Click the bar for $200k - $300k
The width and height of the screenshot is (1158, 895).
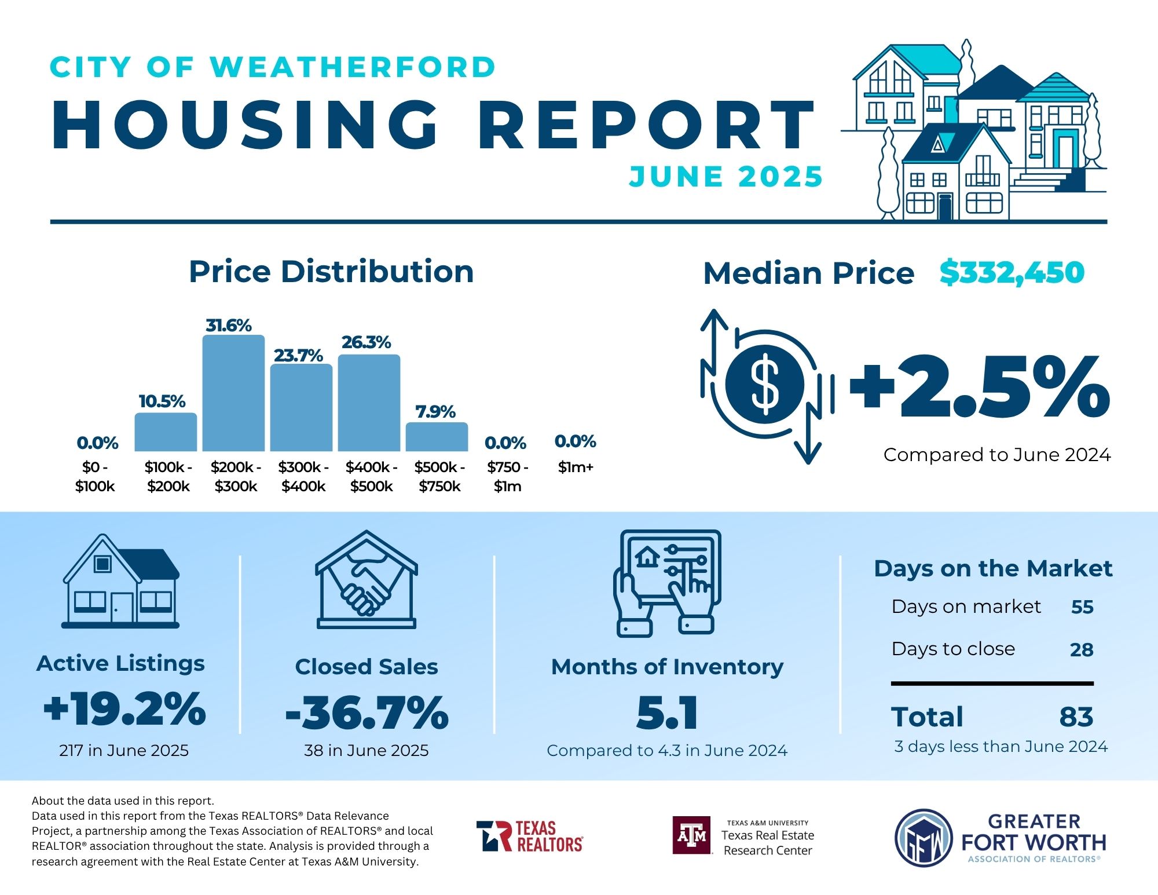(x=233, y=393)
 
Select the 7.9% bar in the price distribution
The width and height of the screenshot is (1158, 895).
(x=437, y=437)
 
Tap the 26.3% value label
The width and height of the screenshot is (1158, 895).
(x=366, y=342)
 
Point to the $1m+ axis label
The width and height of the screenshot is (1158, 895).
(x=576, y=467)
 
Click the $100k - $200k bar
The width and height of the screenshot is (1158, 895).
(x=166, y=432)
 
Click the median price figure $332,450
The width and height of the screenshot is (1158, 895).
(x=1012, y=272)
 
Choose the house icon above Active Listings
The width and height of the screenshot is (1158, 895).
(x=120, y=582)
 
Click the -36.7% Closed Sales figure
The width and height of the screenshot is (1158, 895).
(x=367, y=713)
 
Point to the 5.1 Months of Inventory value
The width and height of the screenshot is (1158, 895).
(x=667, y=713)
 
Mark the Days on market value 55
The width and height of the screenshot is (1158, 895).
(x=1082, y=607)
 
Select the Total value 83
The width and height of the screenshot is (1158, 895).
(x=1076, y=717)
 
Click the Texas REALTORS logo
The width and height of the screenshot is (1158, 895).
(x=529, y=836)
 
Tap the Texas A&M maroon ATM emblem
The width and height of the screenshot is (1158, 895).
(x=692, y=835)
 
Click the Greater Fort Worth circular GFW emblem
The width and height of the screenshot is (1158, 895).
(x=924, y=838)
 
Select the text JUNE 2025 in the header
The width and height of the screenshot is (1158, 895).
(x=725, y=177)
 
